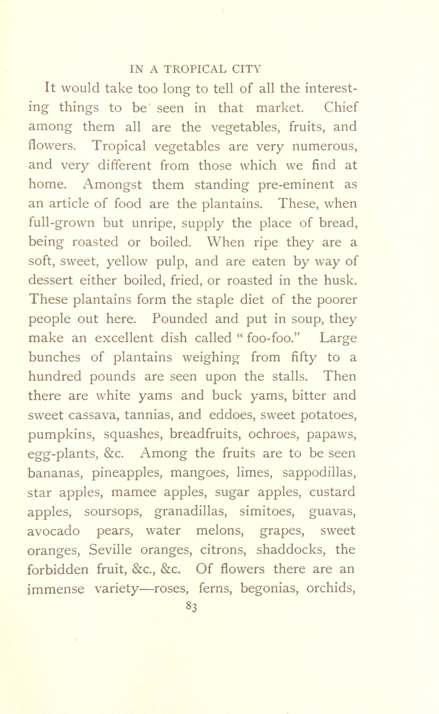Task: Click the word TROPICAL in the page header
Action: coord(195,69)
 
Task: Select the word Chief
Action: coord(340,108)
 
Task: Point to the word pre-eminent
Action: coord(296,185)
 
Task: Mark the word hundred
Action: coord(55,376)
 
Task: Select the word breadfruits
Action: coord(205,434)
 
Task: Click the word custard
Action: coord(332,492)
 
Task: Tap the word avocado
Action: coord(54,531)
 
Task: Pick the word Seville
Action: coord(110,550)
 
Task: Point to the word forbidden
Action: coord(58,569)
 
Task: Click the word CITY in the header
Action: coord(246,69)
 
